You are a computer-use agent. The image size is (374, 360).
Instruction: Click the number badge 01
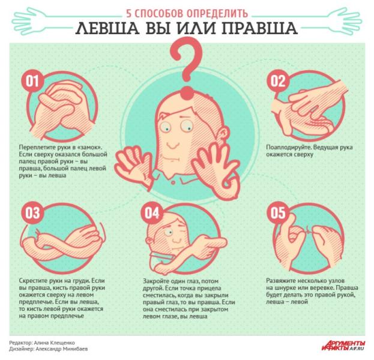point(32,81)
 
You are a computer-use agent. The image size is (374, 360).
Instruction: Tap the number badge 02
point(277,81)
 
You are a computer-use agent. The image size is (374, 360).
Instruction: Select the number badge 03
point(32,213)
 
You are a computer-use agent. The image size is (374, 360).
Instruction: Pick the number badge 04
point(152,213)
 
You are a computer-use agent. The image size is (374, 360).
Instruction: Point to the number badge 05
point(277,213)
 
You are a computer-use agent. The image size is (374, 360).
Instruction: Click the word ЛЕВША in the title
point(107,28)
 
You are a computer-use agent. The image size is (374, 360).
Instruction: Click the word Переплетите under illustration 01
point(36,147)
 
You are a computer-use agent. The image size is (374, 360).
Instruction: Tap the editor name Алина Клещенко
point(55,343)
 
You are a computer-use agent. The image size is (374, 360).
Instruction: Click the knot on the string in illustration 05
point(309,230)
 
